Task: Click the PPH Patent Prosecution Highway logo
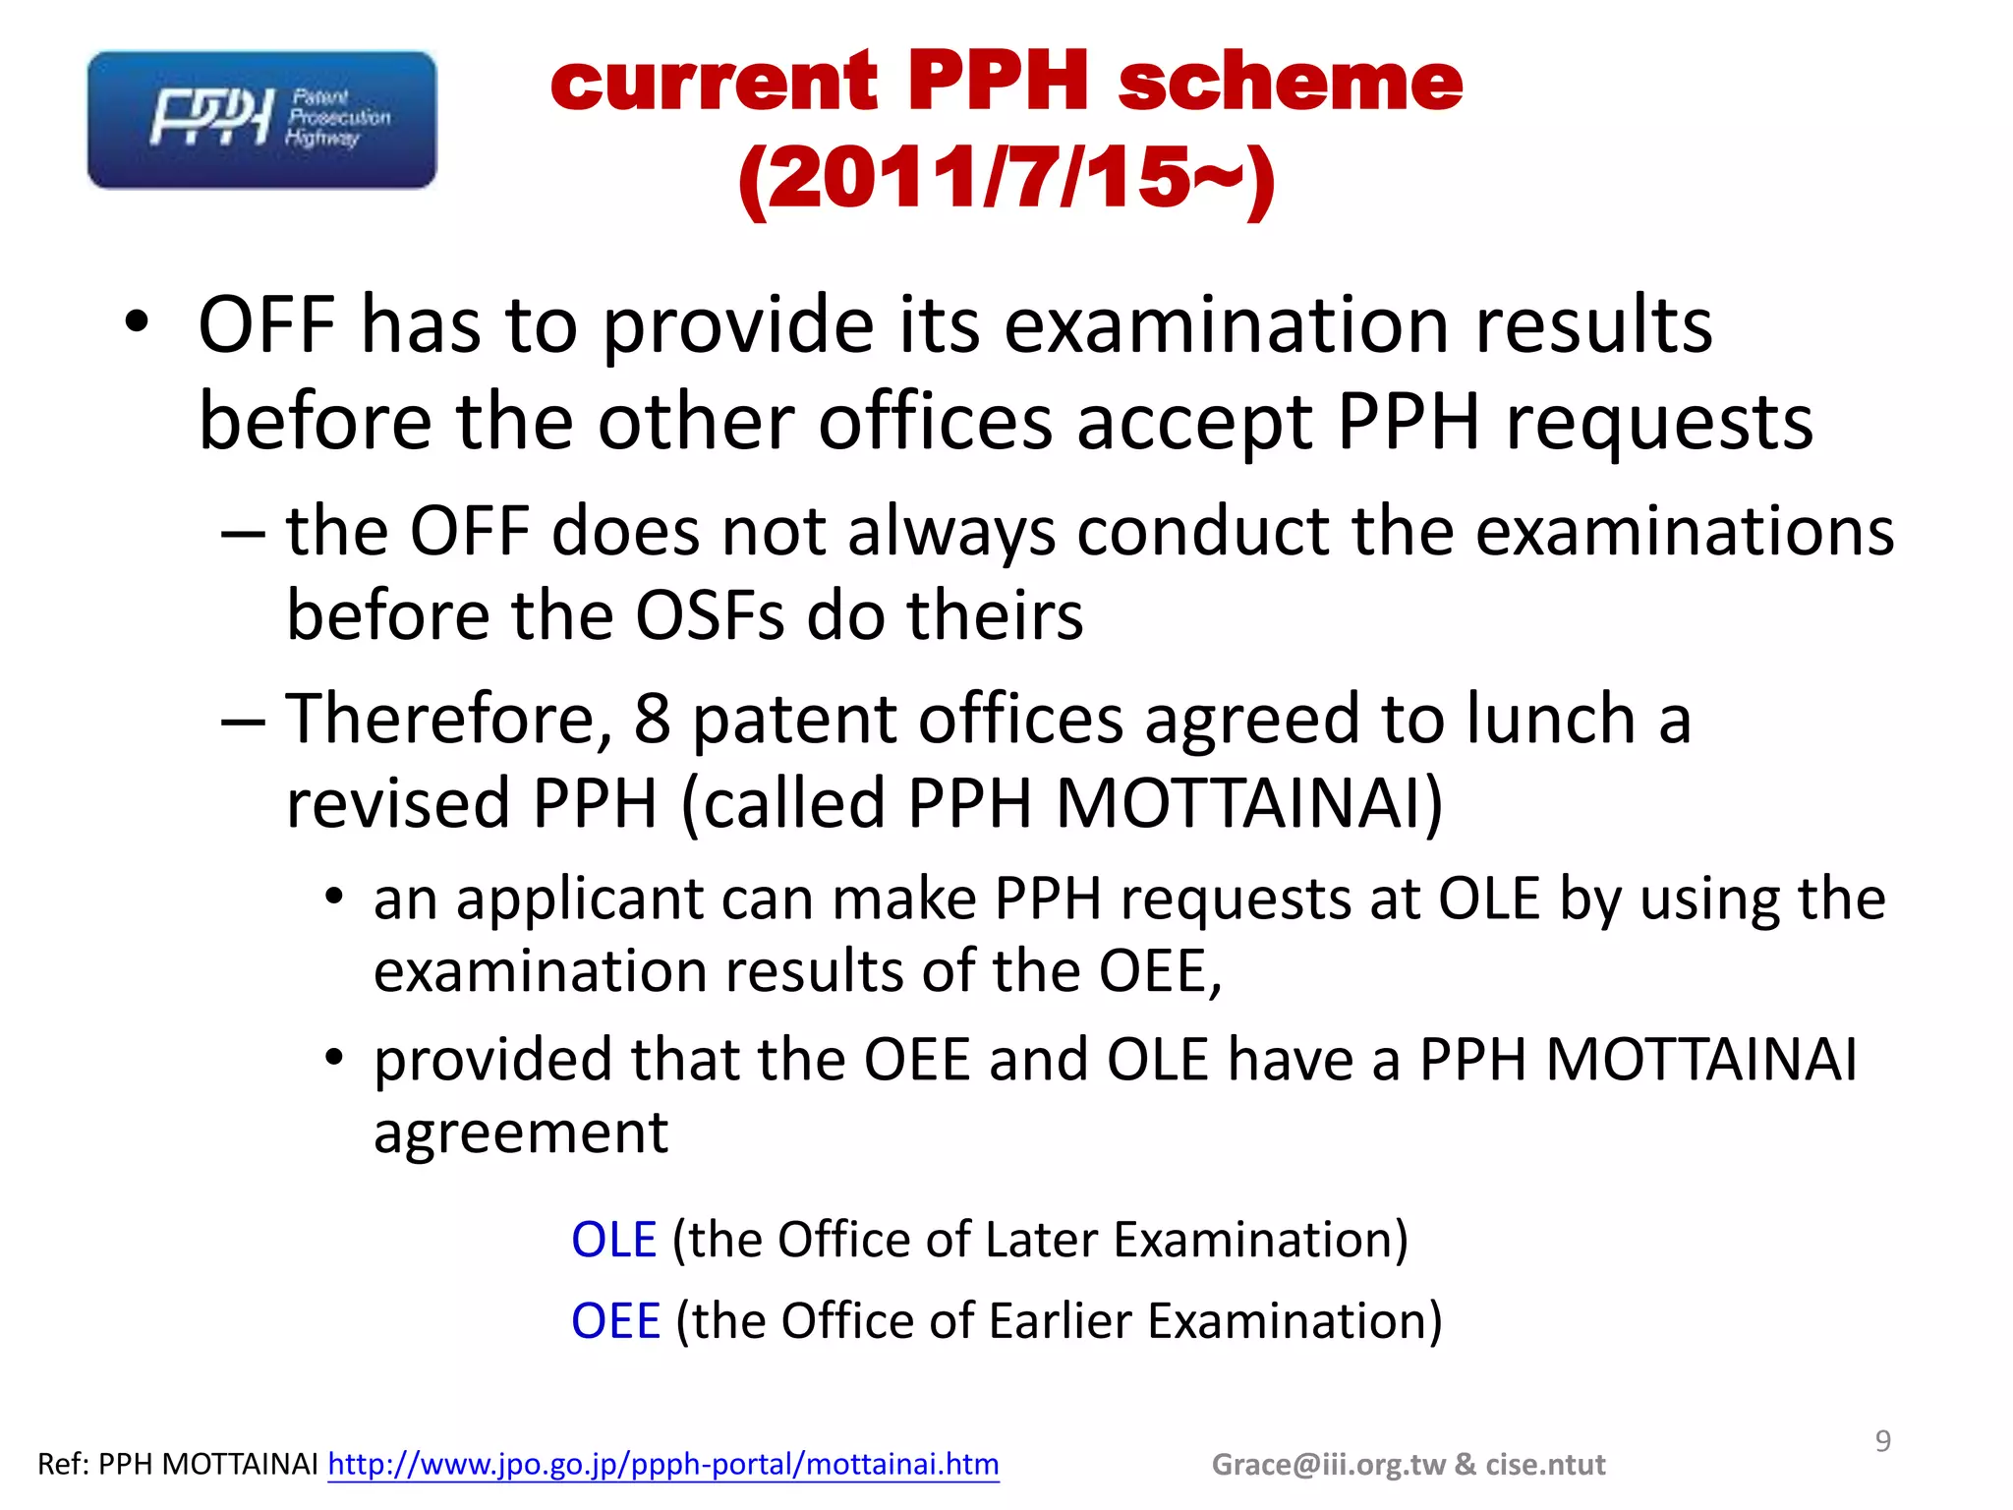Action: [x=261, y=120]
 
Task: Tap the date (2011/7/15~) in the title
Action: [x=1006, y=179]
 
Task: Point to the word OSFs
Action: [x=710, y=615]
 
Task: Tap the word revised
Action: [x=397, y=802]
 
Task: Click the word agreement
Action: [x=521, y=1132]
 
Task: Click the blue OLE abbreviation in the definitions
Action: [x=613, y=1239]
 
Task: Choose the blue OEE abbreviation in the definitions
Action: [x=615, y=1320]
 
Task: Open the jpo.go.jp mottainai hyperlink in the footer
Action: [x=663, y=1464]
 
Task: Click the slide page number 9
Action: [x=1882, y=1441]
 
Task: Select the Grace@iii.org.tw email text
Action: [x=1329, y=1465]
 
